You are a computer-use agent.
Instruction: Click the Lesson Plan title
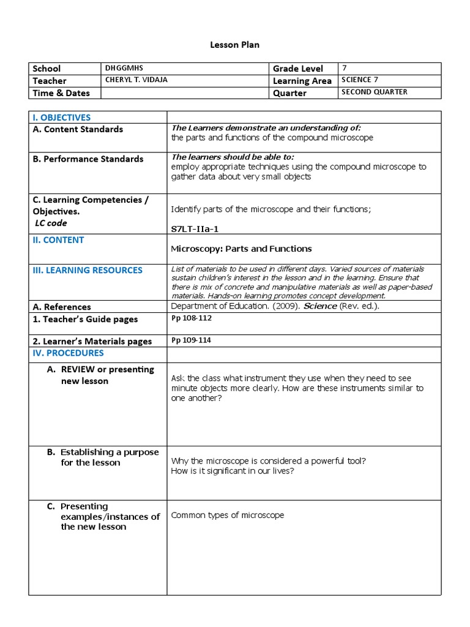(235, 45)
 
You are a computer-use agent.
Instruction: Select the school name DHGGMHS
(124, 68)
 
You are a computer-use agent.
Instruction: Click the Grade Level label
(298, 69)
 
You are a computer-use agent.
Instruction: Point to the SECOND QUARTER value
(375, 92)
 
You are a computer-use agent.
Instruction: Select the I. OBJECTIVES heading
(61, 118)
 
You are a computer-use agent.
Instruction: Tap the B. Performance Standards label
(88, 159)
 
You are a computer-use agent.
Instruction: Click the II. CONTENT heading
(58, 240)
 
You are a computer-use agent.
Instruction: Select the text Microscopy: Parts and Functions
(241, 249)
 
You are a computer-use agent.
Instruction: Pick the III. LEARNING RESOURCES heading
(88, 270)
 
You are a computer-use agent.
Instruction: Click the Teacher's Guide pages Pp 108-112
(192, 318)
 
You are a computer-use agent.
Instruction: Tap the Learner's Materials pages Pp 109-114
(192, 340)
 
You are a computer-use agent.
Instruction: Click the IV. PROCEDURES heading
(68, 353)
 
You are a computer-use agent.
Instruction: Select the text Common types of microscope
(228, 515)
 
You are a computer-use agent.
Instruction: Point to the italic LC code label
(51, 223)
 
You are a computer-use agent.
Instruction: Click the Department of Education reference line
(275, 306)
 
